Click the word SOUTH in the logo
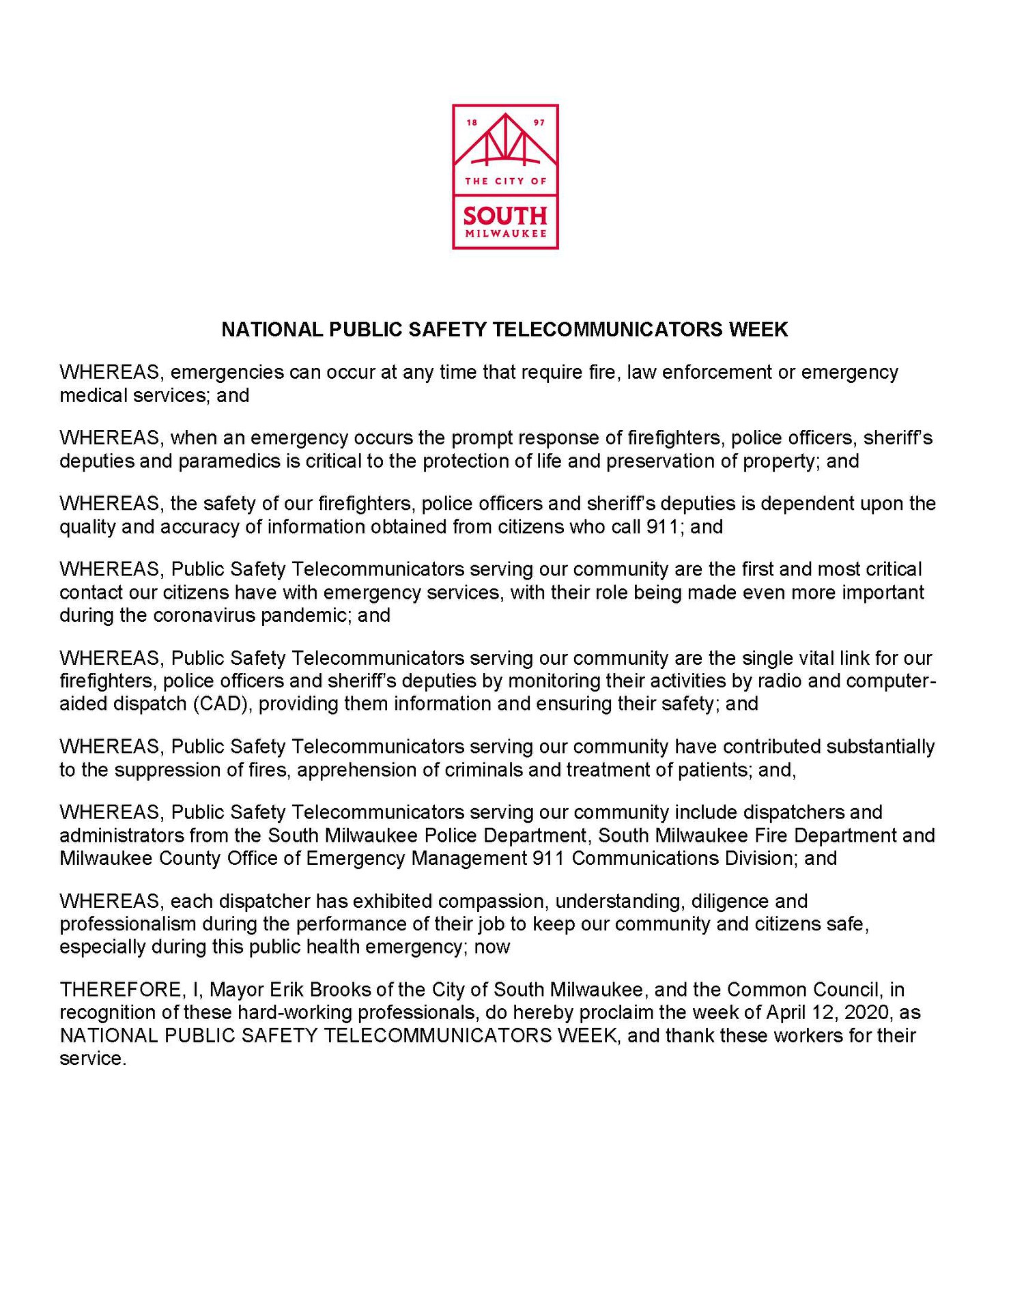click(x=505, y=216)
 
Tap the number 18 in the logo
click(x=472, y=123)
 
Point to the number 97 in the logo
click(x=539, y=123)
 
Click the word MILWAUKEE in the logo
click(x=505, y=233)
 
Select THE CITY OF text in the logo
click(x=505, y=181)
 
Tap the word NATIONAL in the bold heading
click(x=272, y=330)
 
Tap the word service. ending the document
click(x=93, y=1059)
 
